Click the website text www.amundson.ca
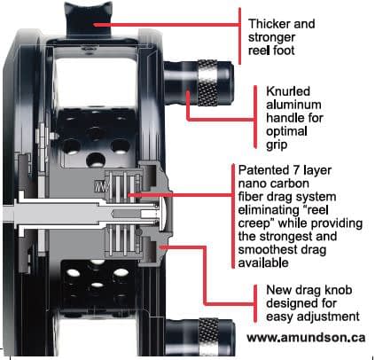307,338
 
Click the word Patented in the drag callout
265,169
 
